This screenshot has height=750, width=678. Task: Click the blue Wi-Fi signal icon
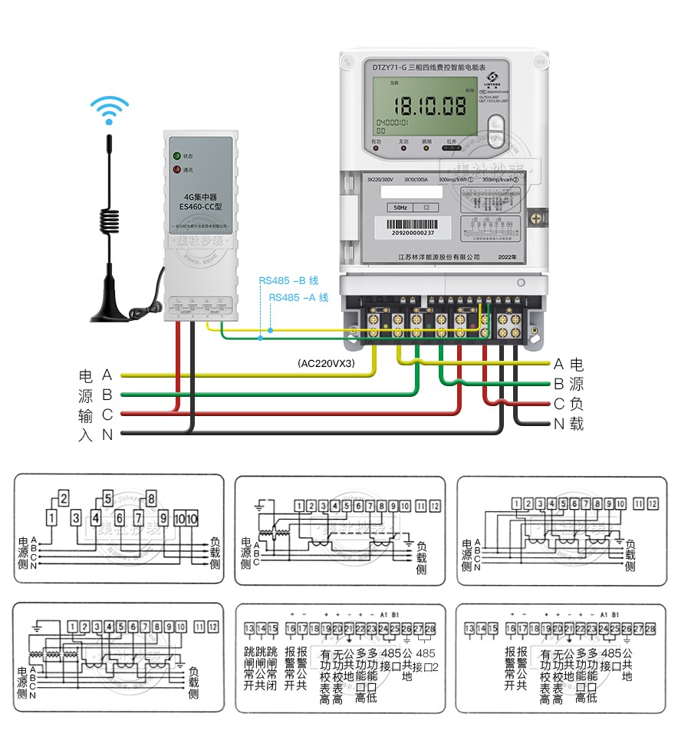click(x=109, y=109)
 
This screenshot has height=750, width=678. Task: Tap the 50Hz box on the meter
click(x=400, y=207)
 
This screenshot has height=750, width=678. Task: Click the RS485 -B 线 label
click(x=288, y=281)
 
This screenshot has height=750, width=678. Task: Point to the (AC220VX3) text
click(x=327, y=363)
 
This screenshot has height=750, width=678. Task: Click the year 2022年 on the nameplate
click(x=508, y=256)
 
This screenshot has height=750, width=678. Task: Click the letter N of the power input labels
click(x=107, y=435)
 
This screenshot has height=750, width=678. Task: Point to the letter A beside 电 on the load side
click(x=558, y=364)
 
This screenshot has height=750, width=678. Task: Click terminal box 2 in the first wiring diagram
click(x=64, y=497)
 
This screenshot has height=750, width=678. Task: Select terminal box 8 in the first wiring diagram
click(x=151, y=497)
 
